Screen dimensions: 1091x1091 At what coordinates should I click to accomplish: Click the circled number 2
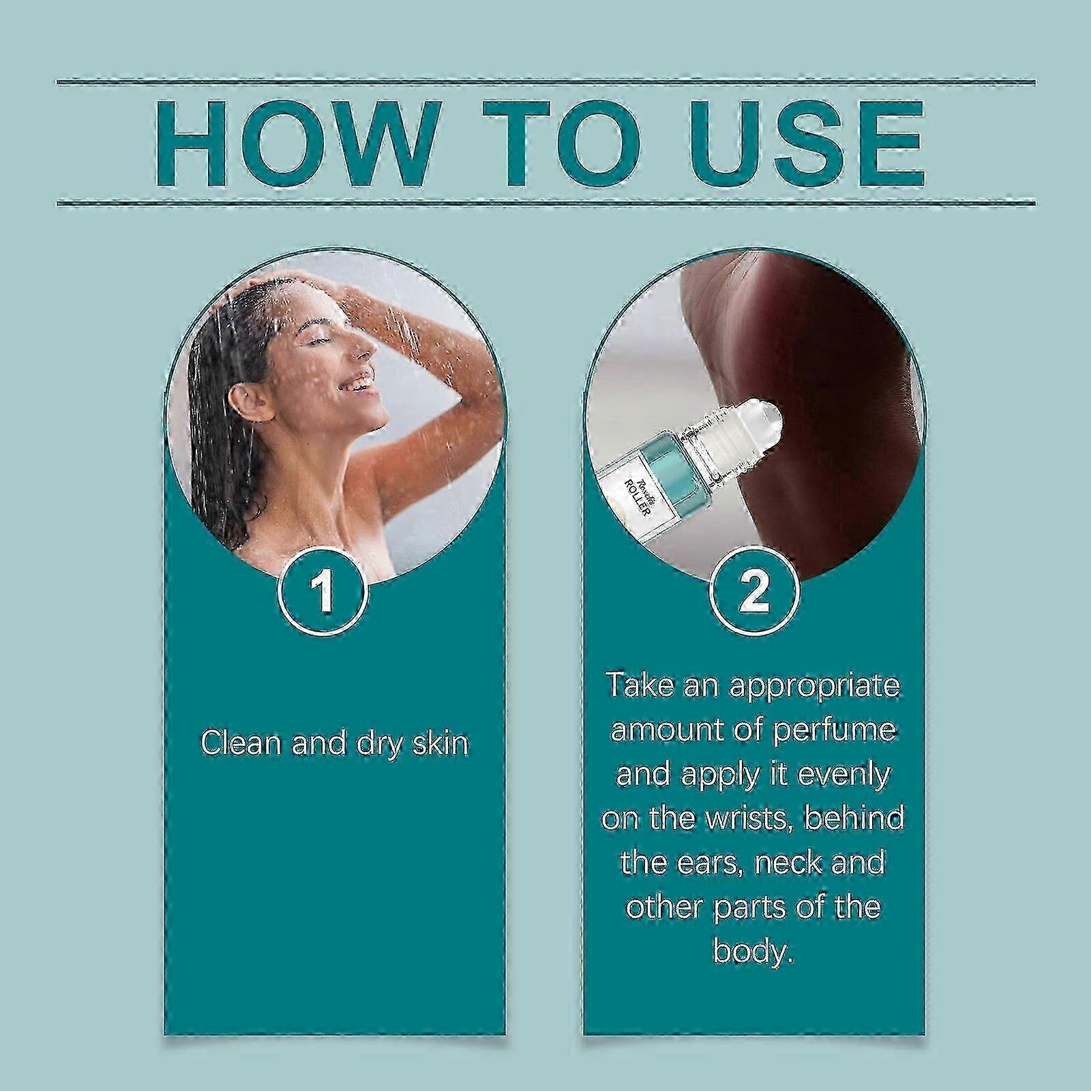(x=753, y=591)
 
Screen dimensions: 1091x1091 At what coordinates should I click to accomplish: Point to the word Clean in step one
(x=241, y=743)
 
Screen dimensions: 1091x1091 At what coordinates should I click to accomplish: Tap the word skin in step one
(x=439, y=743)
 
